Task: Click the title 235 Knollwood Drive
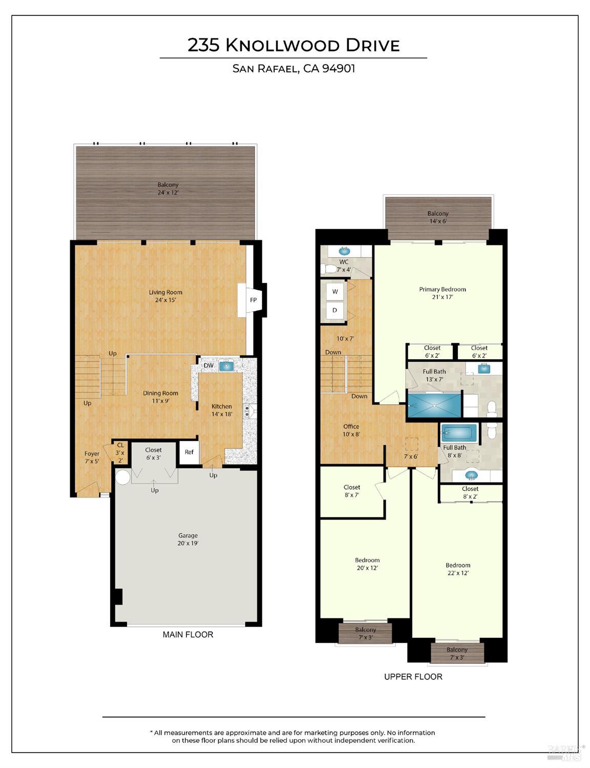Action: (x=293, y=45)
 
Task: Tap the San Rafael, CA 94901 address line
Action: (x=293, y=69)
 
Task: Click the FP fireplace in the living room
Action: (x=252, y=300)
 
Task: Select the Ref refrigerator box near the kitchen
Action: (x=189, y=452)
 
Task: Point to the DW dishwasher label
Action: (x=208, y=365)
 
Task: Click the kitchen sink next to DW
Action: (x=226, y=366)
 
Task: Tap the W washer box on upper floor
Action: (x=335, y=292)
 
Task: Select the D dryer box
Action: (x=335, y=310)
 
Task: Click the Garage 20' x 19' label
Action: (x=188, y=539)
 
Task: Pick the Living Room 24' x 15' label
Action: (x=165, y=296)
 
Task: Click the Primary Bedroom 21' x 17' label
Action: (x=442, y=293)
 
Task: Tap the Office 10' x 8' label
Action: (x=351, y=430)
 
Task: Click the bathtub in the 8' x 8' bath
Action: (x=459, y=433)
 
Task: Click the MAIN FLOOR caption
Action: (x=187, y=635)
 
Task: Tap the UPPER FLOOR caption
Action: (x=413, y=677)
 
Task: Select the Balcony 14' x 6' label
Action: (x=438, y=217)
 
